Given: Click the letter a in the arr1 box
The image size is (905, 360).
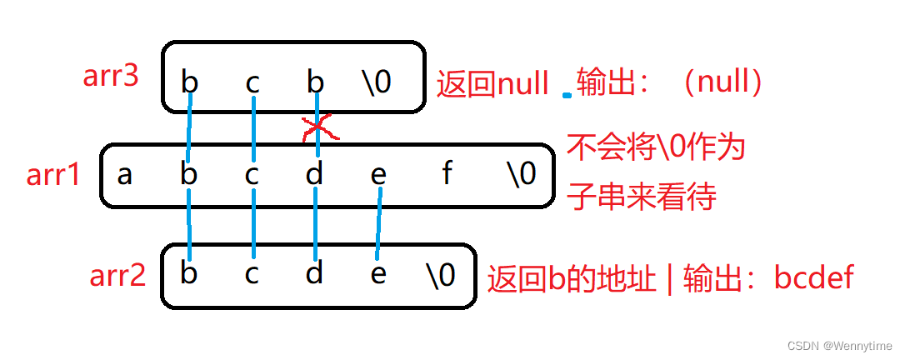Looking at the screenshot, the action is pyautogui.click(x=125, y=175).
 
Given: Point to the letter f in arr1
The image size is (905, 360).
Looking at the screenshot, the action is pyautogui.click(x=447, y=175).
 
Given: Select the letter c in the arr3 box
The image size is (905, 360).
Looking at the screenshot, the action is pyautogui.click(x=252, y=82).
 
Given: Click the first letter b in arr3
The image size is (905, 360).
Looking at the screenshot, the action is pyautogui.click(x=190, y=82).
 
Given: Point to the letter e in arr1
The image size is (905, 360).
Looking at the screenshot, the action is pyautogui.click(x=378, y=176).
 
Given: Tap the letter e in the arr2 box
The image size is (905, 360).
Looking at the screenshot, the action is pyautogui.click(x=378, y=274).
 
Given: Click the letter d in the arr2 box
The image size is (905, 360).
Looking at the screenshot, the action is pyautogui.click(x=314, y=274).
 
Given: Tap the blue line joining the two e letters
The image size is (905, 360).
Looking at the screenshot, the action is pyautogui.click(x=379, y=223).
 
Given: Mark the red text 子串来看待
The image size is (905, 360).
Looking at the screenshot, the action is pyautogui.click(x=642, y=198).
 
